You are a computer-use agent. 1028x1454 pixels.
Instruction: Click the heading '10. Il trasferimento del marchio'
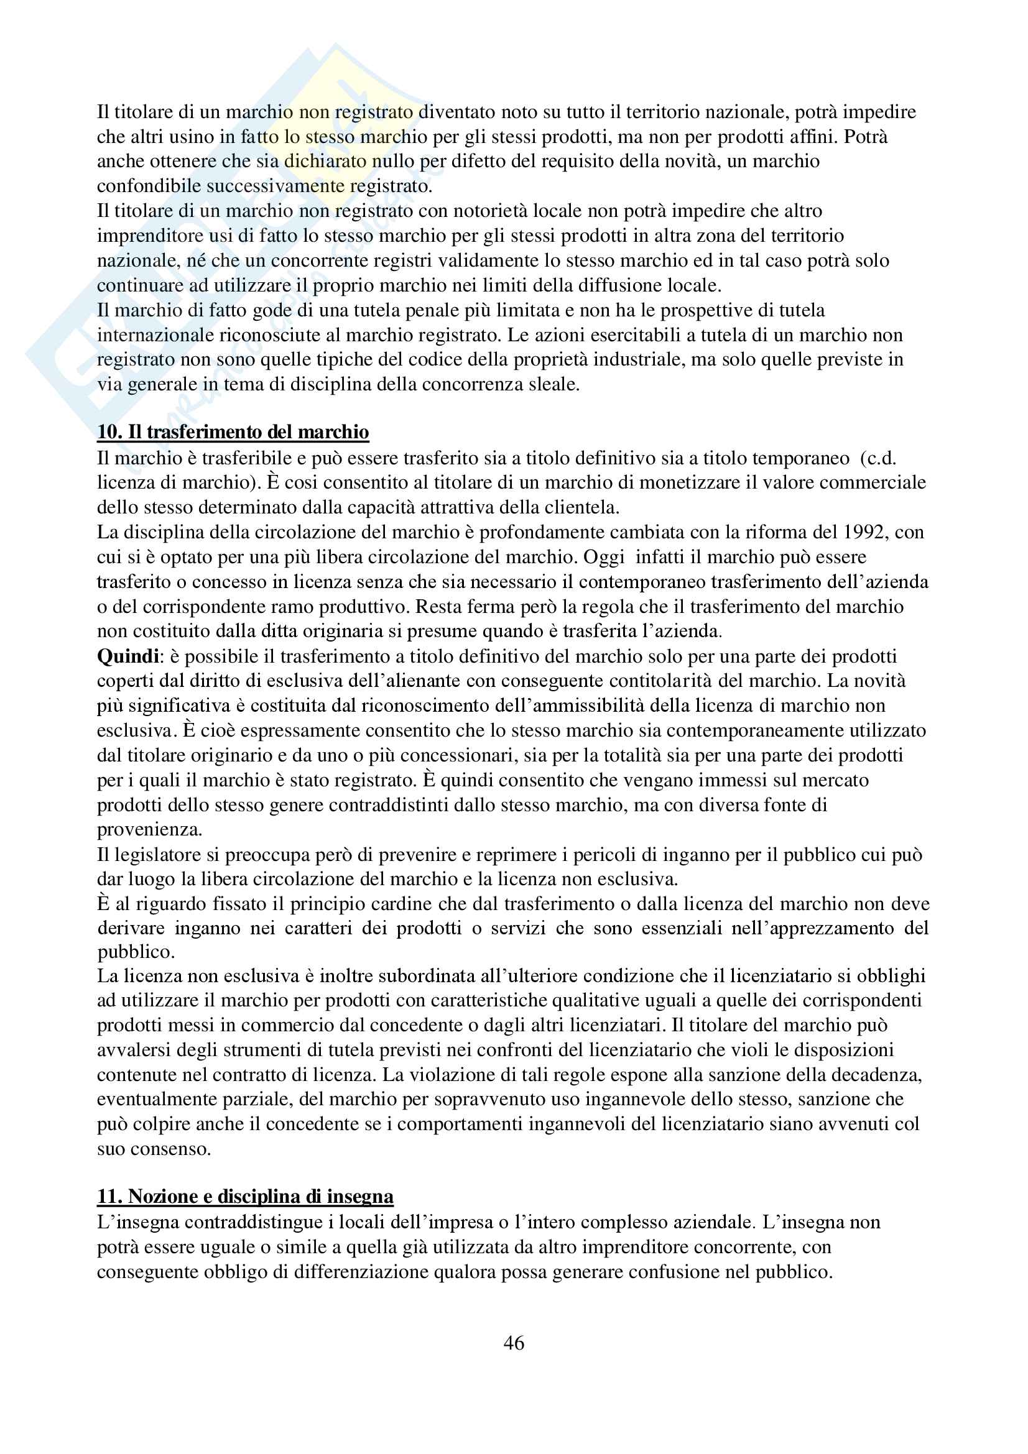click(x=233, y=432)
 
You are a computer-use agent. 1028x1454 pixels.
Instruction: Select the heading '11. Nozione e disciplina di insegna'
click(x=245, y=1196)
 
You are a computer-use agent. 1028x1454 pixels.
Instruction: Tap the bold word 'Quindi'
click(x=127, y=656)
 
